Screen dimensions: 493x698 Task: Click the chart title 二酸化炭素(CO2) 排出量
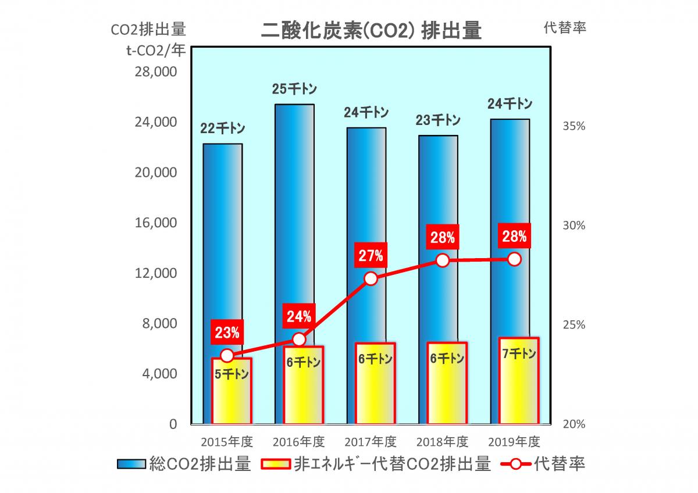371,30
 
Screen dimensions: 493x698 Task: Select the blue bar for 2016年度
294,221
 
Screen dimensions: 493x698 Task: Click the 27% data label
371,255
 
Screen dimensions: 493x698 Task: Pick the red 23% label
227,333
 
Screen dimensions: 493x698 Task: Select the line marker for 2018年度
443,260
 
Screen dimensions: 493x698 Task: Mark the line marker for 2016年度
299,340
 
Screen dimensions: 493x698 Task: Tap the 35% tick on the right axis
573,126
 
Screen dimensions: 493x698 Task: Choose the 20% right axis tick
573,424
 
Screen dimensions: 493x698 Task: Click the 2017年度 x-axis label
371,441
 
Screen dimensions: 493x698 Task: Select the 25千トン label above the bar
294,89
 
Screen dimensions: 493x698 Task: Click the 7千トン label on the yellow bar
515,353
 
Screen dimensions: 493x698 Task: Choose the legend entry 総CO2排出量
184,464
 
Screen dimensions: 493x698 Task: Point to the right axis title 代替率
564,28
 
